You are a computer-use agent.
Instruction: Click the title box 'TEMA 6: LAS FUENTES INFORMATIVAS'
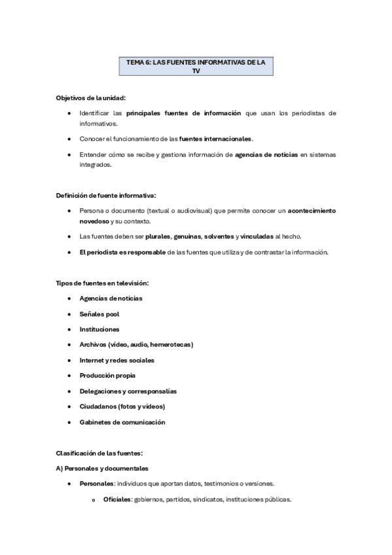click(x=196, y=66)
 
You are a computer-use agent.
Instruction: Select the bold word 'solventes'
click(x=220, y=236)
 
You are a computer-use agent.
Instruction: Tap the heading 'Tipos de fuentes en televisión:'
click(x=103, y=283)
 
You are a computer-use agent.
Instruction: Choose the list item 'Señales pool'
click(x=99, y=314)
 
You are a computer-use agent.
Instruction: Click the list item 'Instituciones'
click(x=99, y=329)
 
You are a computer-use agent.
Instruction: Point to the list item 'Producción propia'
click(x=107, y=376)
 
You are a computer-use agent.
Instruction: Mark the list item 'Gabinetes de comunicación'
click(x=122, y=422)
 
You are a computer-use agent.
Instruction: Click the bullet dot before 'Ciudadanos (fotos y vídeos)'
click(x=69, y=407)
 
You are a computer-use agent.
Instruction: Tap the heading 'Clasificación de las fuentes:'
click(x=99, y=453)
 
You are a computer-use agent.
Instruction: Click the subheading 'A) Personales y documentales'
click(x=102, y=469)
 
